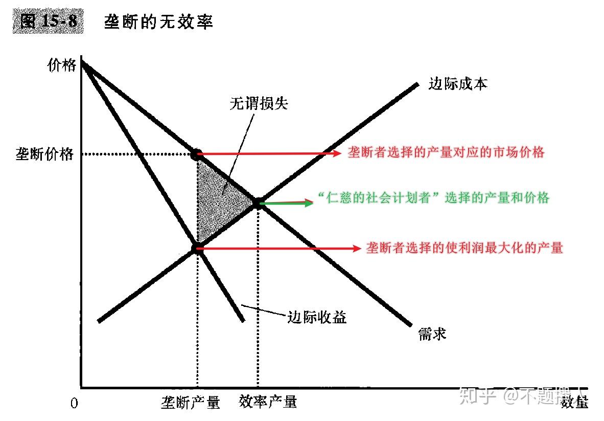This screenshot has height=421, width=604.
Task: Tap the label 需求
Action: [x=432, y=334]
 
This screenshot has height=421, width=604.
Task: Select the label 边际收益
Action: [x=317, y=317]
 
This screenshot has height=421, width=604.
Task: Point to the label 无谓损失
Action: [x=259, y=103]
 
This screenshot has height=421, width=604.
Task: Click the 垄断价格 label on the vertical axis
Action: [x=45, y=154]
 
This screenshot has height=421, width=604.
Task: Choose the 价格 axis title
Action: [x=61, y=65]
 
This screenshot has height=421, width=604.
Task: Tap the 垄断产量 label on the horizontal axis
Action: [x=191, y=403]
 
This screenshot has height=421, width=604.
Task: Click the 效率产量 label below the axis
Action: [x=268, y=402]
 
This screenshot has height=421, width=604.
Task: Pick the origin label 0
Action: [x=75, y=404]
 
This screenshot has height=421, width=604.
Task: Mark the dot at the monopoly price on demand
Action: [x=197, y=153]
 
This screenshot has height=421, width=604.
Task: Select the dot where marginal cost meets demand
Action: [x=257, y=203]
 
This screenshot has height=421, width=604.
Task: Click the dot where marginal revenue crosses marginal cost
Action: [x=197, y=249]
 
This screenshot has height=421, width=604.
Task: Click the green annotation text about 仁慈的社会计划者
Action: [x=433, y=198]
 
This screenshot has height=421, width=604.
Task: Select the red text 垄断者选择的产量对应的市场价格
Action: [x=446, y=152]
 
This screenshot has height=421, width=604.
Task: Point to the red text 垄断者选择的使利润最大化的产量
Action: [x=464, y=248]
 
